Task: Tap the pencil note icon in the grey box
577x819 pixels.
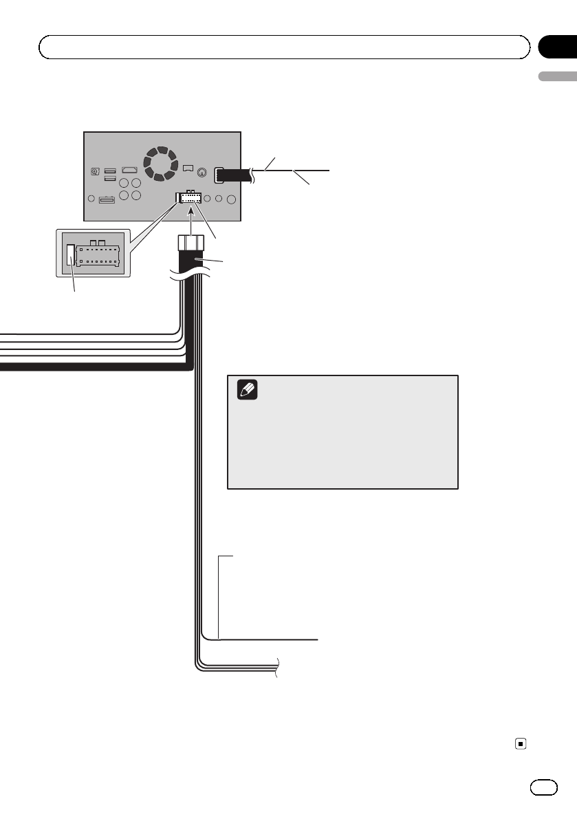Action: [x=247, y=391]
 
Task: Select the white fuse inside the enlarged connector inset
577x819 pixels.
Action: [x=71, y=255]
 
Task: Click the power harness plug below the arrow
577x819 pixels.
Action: [x=190, y=244]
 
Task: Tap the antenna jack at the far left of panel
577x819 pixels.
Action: [x=95, y=172]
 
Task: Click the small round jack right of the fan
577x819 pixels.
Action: [x=202, y=173]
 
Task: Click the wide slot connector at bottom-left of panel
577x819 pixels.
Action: [x=107, y=200]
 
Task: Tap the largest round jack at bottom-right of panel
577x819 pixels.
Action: [x=232, y=199]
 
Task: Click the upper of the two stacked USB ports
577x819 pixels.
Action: [x=110, y=171]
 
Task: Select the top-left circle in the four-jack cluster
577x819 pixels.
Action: [x=124, y=184]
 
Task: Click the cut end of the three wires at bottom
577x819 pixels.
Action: [x=278, y=667]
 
